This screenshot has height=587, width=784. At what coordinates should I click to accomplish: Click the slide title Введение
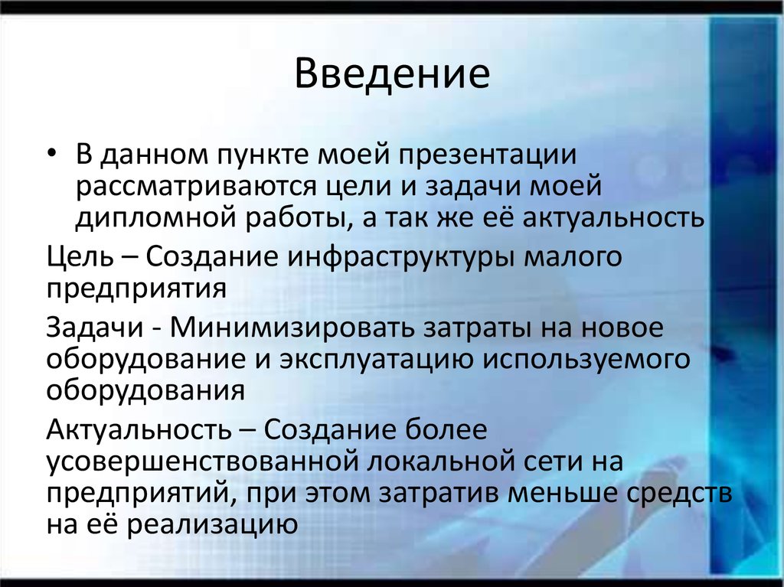click(x=392, y=76)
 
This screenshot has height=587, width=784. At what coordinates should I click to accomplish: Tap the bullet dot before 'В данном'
click(x=52, y=155)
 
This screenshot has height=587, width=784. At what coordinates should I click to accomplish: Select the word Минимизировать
click(x=290, y=327)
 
